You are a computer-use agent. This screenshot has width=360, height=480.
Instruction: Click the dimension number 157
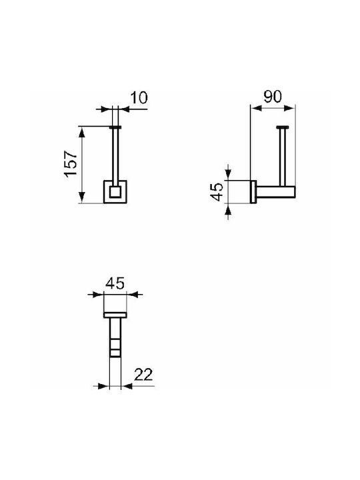[71, 163]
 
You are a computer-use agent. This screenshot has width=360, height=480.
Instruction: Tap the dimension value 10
[139, 97]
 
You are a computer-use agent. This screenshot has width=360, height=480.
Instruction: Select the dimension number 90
[272, 97]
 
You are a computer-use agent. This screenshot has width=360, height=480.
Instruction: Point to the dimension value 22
[143, 375]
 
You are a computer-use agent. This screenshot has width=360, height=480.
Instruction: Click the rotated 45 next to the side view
[217, 191]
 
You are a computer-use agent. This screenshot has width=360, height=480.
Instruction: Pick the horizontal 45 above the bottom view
[115, 283]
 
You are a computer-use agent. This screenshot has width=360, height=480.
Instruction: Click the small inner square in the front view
[115, 191]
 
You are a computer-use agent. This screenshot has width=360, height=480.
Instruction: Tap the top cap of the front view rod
[115, 127]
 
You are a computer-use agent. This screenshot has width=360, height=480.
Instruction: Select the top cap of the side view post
[282, 127]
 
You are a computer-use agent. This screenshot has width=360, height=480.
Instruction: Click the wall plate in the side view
[253, 191]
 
